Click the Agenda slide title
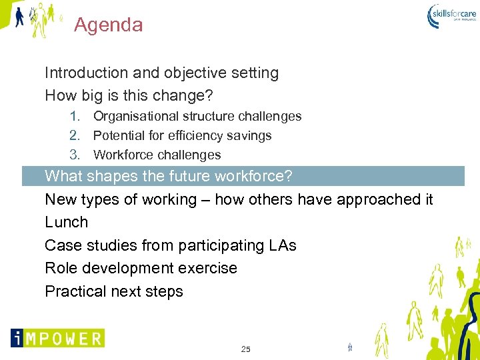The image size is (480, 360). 108,25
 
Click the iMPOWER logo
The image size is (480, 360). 57,338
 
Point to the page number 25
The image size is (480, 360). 245,349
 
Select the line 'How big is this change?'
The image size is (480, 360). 129,95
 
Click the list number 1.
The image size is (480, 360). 75,116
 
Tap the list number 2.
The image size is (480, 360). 75,135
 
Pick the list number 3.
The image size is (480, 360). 75,155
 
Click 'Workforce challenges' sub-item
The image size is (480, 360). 157,155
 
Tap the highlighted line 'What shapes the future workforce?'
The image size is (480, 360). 168,177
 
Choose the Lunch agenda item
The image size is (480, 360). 66,222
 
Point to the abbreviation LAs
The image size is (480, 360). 283,245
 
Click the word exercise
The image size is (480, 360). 209,268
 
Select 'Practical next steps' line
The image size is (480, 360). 113,291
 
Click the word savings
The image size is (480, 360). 249,135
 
